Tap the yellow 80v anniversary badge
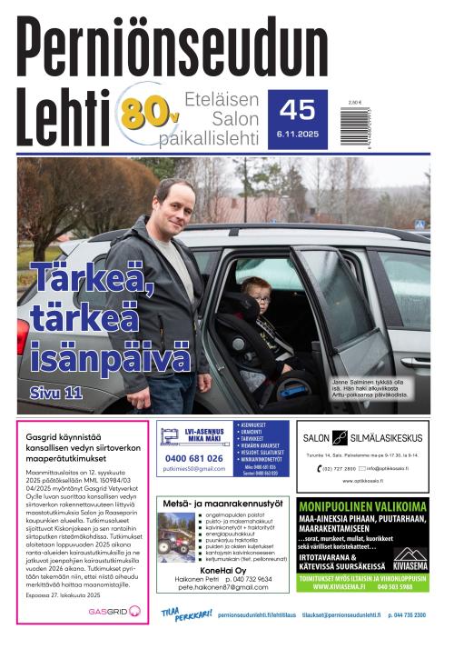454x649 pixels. (x=146, y=113)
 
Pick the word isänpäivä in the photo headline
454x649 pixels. (x=107, y=357)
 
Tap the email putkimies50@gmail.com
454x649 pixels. (x=194, y=468)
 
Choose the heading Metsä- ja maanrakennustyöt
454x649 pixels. (x=223, y=503)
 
